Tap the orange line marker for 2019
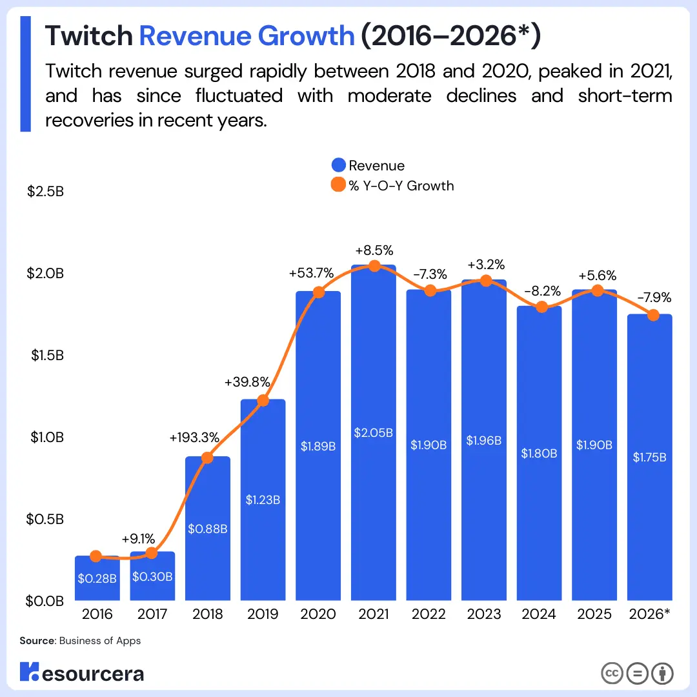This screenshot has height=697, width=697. tap(263, 401)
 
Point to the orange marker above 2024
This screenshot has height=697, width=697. tap(541, 307)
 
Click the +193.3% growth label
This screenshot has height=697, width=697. tap(194, 438)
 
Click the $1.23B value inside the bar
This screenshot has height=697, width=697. tap(263, 499)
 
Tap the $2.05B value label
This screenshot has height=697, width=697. tap(373, 432)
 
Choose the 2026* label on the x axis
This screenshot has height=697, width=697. tap(649, 614)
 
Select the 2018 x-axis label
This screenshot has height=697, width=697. tap(208, 614)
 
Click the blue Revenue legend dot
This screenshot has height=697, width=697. tap(338, 166)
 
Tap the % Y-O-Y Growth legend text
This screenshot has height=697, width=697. tap(401, 186)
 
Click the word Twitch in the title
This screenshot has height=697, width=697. tap(88, 37)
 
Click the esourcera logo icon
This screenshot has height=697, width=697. tap(29, 672)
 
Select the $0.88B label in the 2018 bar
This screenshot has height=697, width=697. tap(208, 529)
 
